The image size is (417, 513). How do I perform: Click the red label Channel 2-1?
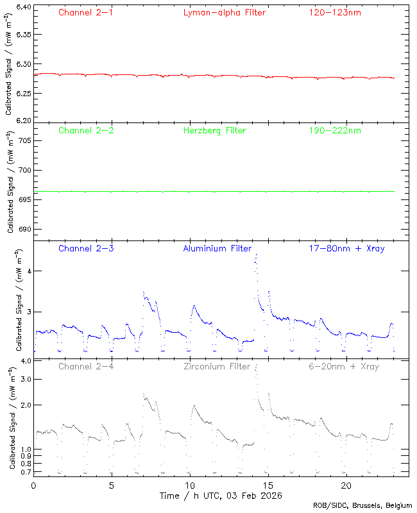pos(86,12)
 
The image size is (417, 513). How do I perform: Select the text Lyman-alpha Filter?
pos(224,12)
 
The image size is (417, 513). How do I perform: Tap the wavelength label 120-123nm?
pos(334,12)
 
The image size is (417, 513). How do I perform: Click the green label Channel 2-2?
pos(86,131)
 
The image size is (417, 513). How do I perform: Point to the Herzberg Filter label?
pos(215,131)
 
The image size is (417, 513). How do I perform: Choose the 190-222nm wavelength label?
pos(334,131)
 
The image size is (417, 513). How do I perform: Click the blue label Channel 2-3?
pos(86,248)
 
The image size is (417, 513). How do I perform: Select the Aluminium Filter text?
pos(217,248)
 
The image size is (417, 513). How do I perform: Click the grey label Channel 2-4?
pos(86,367)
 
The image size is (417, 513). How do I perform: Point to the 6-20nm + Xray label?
pos(343,367)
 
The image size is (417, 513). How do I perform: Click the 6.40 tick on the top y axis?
pos(23,8)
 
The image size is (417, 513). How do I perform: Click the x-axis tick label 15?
pos(268,485)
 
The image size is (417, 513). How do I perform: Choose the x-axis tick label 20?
pos(346,485)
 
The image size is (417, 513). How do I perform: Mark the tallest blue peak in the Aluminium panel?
pos(256,255)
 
